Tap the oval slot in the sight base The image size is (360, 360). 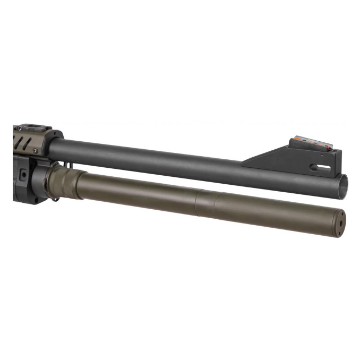320,167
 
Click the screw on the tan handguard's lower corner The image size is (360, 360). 35,151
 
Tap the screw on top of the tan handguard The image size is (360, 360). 20,128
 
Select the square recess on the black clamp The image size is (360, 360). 23,174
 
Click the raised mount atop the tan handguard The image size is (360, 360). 33,128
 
